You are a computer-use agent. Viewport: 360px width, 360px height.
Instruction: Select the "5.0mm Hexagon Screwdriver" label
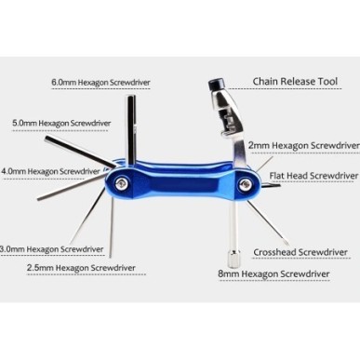pos(60,122)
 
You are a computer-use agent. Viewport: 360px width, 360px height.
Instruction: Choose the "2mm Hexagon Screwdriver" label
pos(303,146)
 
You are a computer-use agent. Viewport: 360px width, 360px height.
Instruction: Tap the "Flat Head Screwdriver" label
pos(313,174)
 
